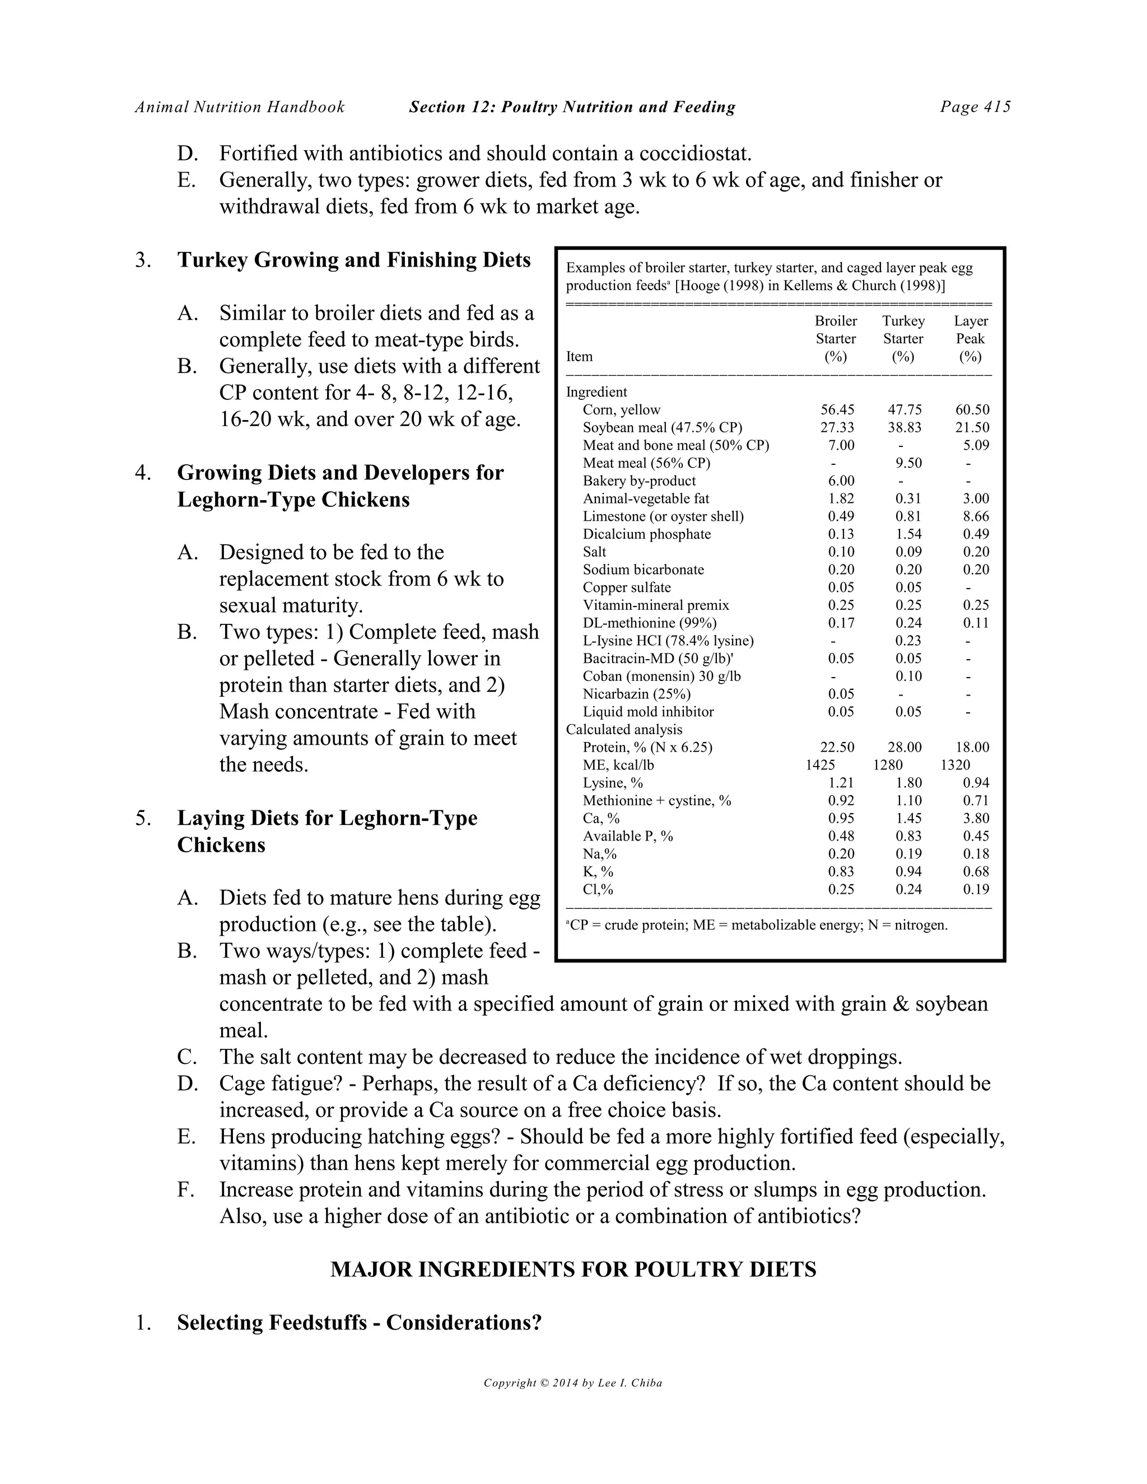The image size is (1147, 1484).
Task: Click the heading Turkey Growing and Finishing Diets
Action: point(353,260)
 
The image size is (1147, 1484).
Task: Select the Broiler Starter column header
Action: point(835,338)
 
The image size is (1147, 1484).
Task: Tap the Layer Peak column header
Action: point(971,338)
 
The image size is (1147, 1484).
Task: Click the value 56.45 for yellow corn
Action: point(837,410)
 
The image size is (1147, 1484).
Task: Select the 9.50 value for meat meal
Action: point(908,464)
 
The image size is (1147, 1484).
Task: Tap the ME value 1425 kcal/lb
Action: point(820,765)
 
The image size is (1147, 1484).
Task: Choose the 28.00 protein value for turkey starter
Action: point(904,748)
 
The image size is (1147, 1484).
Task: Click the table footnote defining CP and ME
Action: point(756,925)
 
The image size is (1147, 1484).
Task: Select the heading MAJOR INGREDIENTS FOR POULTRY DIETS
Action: point(573,1270)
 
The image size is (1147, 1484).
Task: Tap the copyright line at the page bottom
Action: point(573,1383)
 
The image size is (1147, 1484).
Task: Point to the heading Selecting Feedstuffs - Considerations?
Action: point(359,1322)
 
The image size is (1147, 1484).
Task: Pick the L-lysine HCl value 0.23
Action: point(908,641)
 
